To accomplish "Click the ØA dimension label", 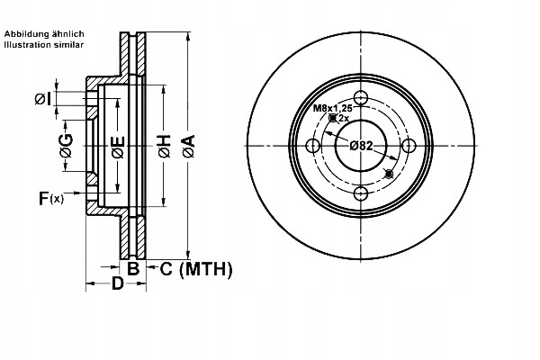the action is pos(187,146).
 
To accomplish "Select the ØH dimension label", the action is pos(164,148).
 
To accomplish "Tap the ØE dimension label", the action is pos(118,148).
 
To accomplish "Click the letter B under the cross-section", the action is pos(131,267).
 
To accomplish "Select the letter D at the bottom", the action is pos(117,285).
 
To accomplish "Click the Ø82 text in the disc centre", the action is pos(361,146).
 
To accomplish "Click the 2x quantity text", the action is pos(344,118).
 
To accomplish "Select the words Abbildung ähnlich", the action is pos(44,33).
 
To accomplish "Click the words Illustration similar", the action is pos(44,43).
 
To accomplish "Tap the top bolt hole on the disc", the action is pos(361,98).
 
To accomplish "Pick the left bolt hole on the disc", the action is pos(313,146).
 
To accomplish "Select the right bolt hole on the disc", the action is pos(409,146).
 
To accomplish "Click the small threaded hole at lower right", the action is pos(388,173).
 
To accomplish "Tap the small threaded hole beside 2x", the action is pos(333,118).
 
